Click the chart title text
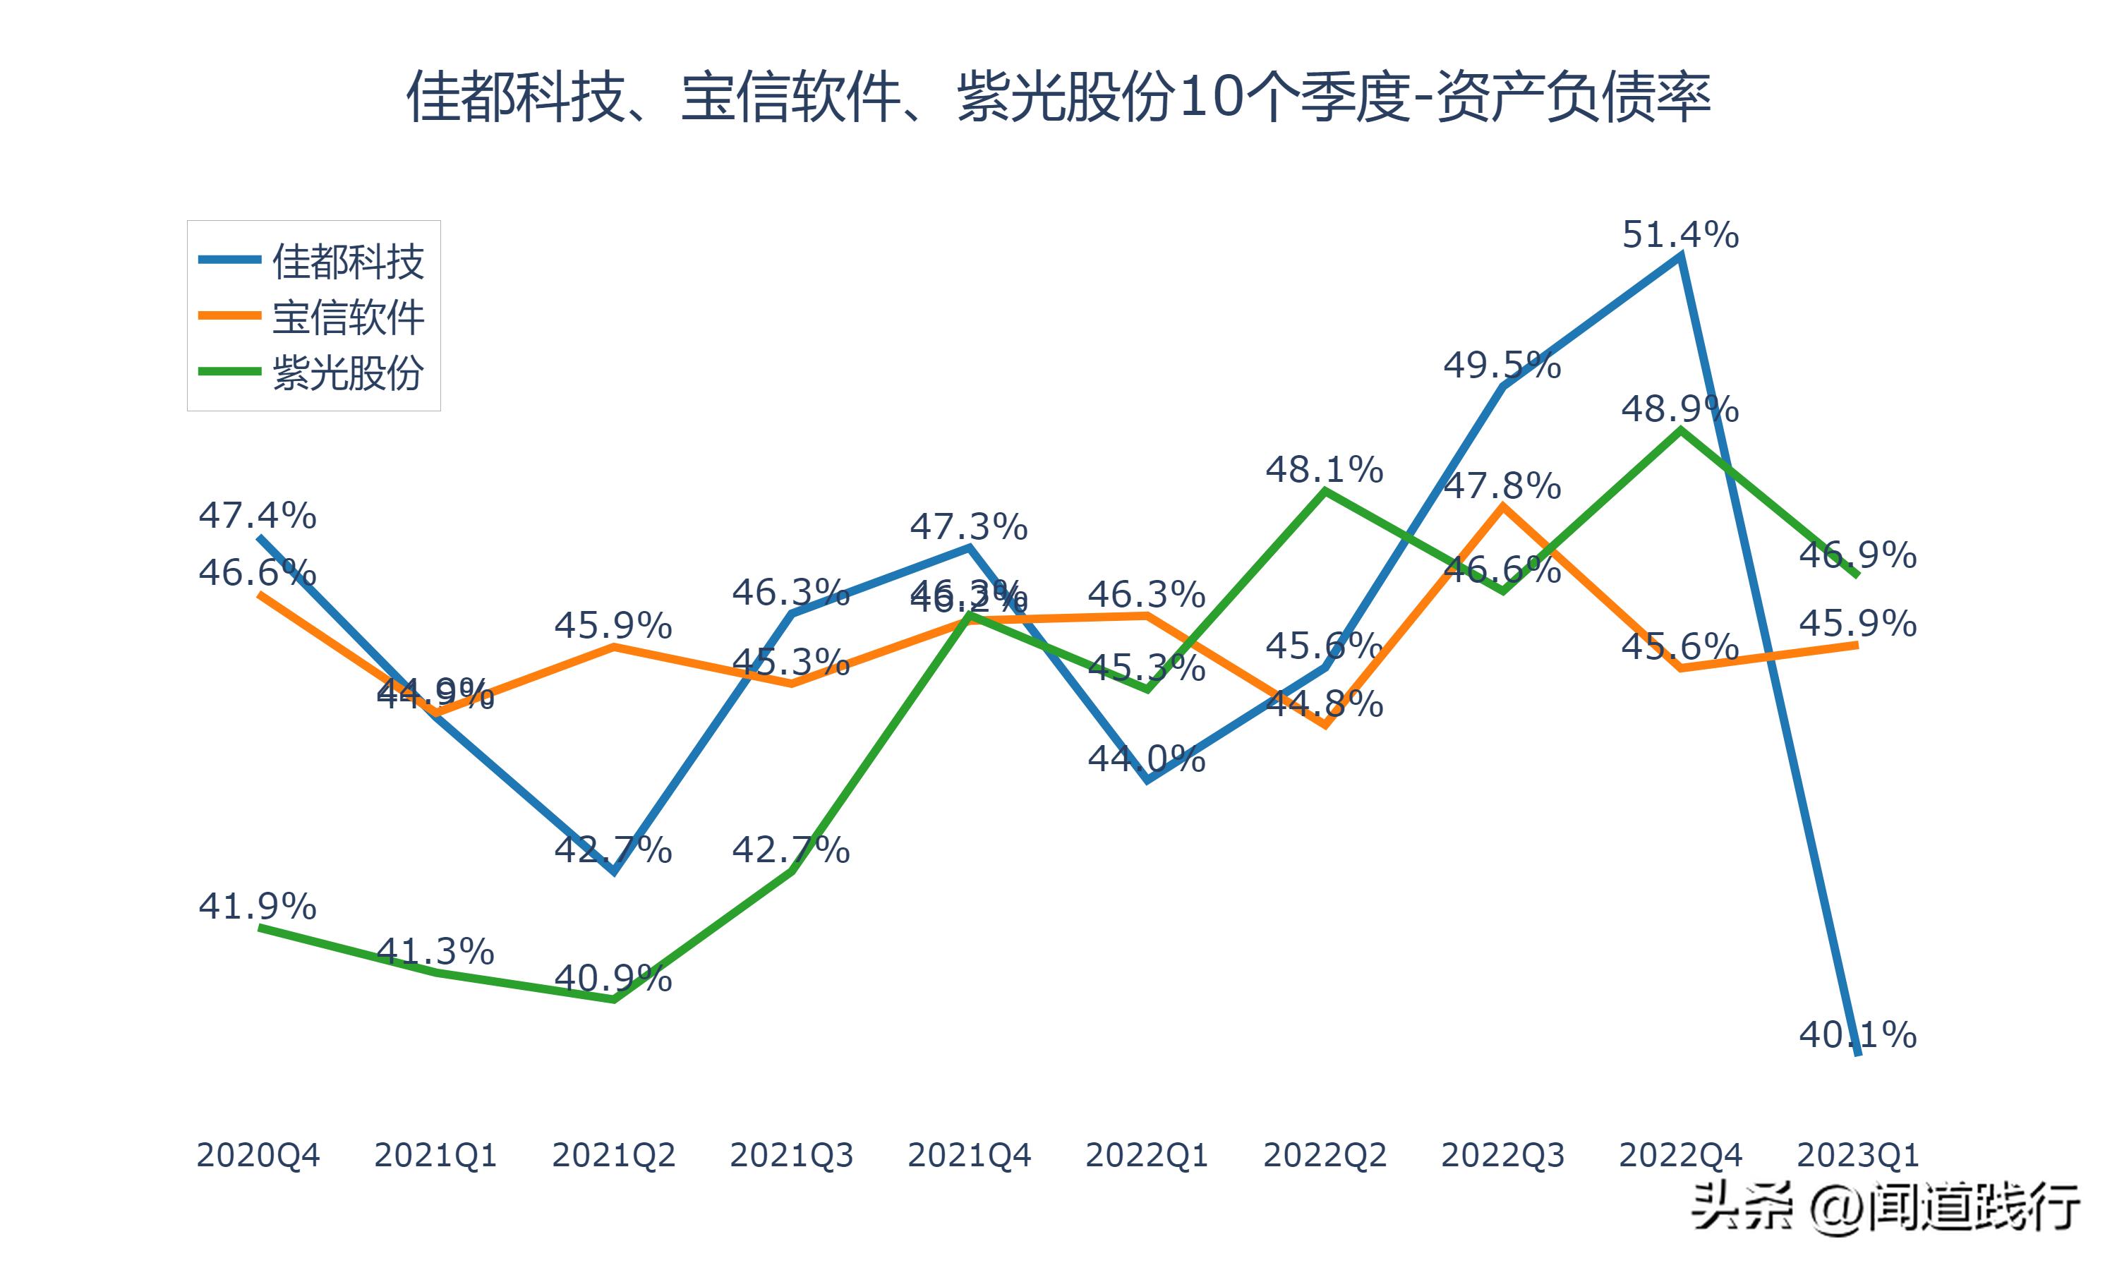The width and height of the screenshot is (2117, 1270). (x=1058, y=97)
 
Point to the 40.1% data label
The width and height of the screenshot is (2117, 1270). (x=1857, y=1036)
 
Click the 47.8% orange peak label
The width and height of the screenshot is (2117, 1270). (x=1502, y=486)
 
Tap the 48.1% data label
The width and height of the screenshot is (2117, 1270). (x=1324, y=470)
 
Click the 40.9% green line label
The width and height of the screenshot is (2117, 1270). (x=613, y=978)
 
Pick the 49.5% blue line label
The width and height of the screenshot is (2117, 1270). (x=1502, y=365)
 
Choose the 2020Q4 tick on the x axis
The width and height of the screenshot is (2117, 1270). (x=258, y=1155)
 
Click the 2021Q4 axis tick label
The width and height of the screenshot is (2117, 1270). (x=969, y=1155)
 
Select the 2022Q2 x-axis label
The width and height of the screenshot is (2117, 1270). (x=1324, y=1155)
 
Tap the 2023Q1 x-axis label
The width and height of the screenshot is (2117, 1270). (x=1857, y=1155)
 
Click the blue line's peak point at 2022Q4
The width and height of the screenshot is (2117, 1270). (x=1681, y=256)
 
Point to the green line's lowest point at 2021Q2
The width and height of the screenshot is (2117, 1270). (x=613, y=998)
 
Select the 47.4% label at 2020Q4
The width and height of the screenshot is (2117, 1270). (x=257, y=516)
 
